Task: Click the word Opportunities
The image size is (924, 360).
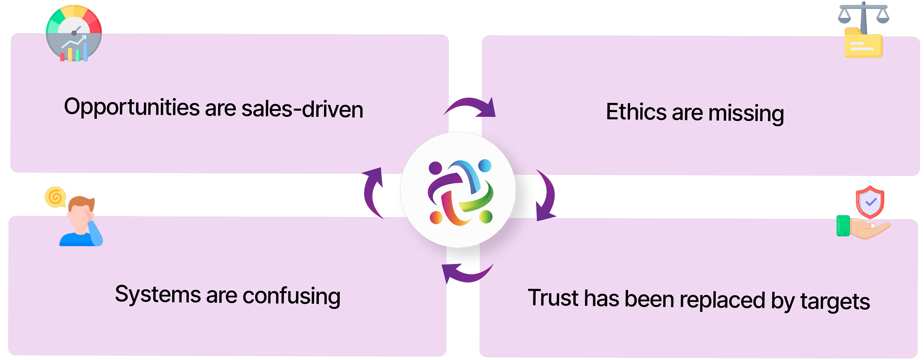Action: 132,107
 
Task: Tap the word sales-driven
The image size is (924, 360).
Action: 302,109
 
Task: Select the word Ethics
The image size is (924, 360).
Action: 636,112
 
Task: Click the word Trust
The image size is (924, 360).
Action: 553,298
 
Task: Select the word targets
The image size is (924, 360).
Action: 835,302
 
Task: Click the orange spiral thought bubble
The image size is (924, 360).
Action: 55,196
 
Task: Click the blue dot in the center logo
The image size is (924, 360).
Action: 485,166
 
